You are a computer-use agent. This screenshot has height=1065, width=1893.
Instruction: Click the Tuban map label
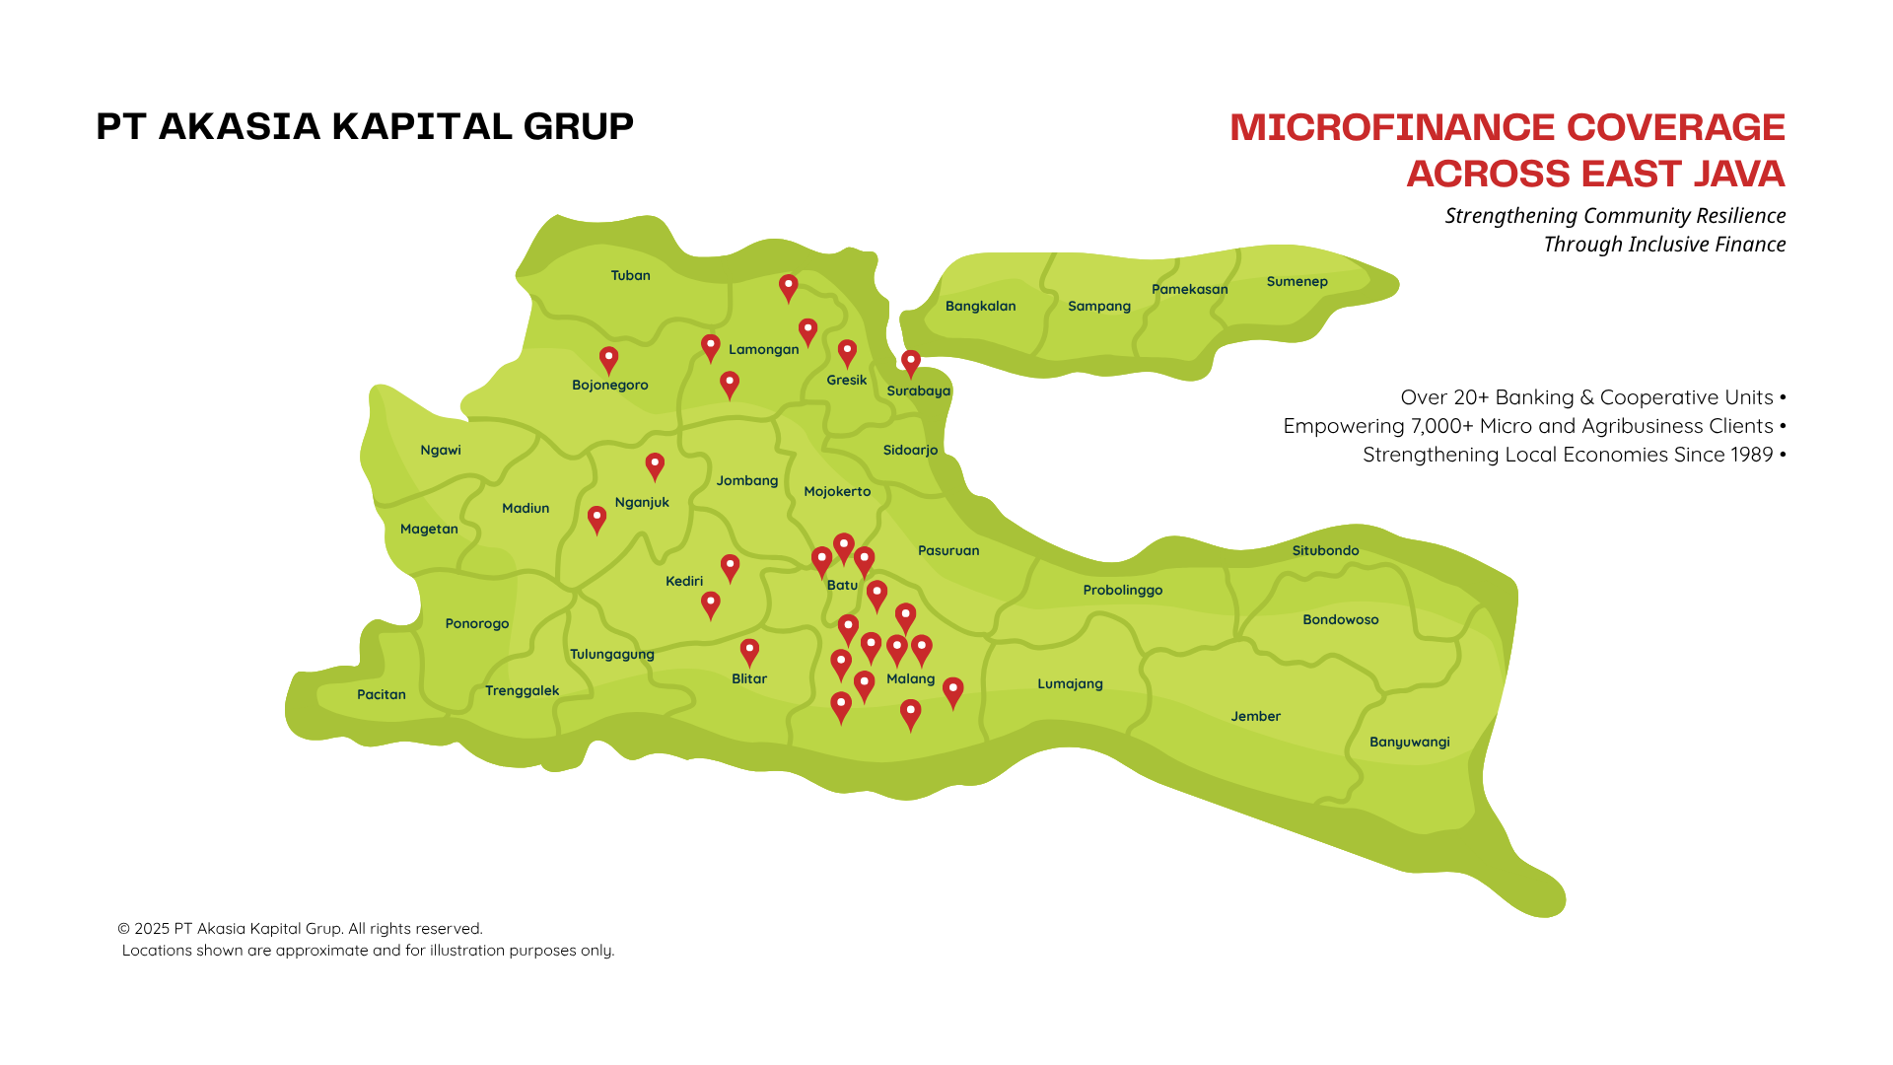pyautogui.click(x=630, y=275)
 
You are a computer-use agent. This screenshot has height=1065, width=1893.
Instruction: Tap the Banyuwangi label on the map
pyautogui.click(x=1409, y=742)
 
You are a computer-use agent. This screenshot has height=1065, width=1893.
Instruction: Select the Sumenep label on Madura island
pyautogui.click(x=1297, y=281)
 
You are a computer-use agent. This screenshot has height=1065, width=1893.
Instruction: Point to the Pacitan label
pyautogui.click(x=381, y=694)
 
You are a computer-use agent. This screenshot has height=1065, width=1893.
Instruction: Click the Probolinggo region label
pyautogui.click(x=1122, y=590)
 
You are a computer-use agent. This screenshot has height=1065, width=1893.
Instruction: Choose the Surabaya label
pyautogui.click(x=918, y=390)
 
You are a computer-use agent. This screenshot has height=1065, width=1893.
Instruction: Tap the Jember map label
pyautogui.click(x=1255, y=716)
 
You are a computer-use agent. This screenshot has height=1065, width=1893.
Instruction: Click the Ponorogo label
pyautogui.click(x=476, y=623)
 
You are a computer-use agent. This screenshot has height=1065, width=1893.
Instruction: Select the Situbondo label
pyautogui.click(x=1325, y=550)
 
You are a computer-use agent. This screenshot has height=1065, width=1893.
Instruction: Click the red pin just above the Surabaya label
pyautogui.click(x=911, y=362)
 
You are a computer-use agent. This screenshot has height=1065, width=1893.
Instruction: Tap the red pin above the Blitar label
pyautogui.click(x=749, y=651)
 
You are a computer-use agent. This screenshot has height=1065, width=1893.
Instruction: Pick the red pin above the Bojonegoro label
pyautogui.click(x=609, y=359)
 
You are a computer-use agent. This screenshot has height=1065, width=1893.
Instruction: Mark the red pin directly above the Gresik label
pyautogui.click(x=847, y=352)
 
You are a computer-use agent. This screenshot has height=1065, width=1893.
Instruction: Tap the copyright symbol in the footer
pyautogui.click(x=124, y=929)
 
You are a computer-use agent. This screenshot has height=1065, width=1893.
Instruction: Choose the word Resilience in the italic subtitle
pyautogui.click(x=1740, y=216)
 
